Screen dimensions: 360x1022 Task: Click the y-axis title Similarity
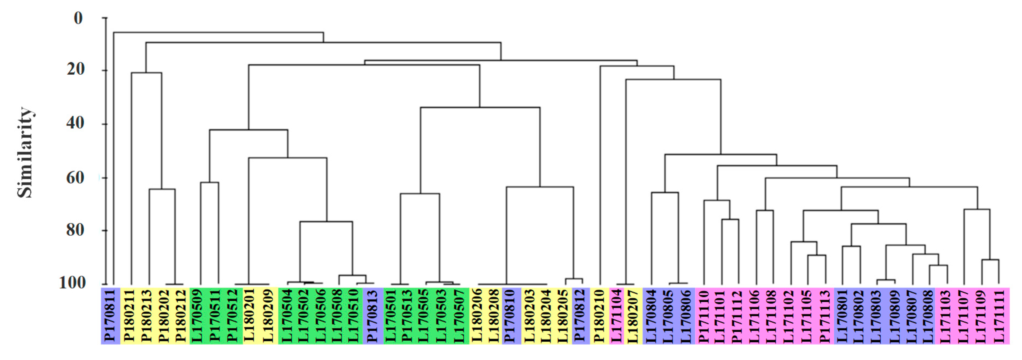(25, 152)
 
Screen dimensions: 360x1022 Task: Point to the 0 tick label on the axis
(78, 18)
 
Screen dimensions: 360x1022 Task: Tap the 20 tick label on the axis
(76, 70)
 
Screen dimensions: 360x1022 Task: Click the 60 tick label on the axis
(75, 177)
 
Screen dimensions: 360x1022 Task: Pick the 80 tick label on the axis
(75, 230)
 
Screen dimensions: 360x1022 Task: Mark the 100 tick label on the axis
(72, 283)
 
